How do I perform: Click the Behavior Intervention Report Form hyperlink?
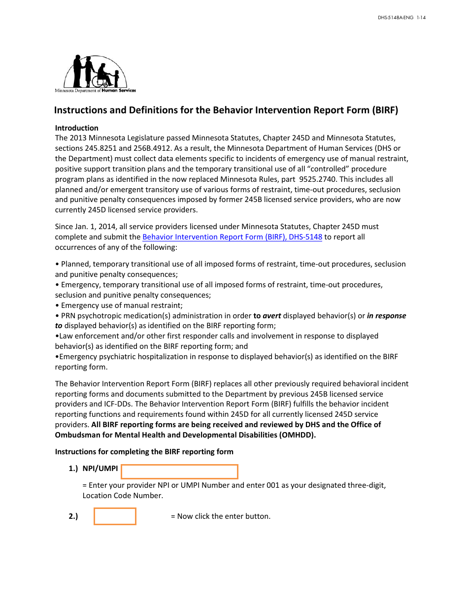coord(232,237)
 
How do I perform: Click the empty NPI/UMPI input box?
coord(179,471)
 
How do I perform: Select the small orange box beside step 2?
coord(115,516)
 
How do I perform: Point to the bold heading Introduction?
coord(77,128)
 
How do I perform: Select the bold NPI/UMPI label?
coord(100,469)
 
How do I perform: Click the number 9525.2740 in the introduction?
coord(316,179)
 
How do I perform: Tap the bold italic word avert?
coord(271,316)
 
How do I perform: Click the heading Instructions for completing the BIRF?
coord(144,452)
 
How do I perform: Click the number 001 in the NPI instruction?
coord(273,485)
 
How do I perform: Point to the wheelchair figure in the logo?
coord(103,76)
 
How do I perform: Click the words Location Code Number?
coord(123,496)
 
